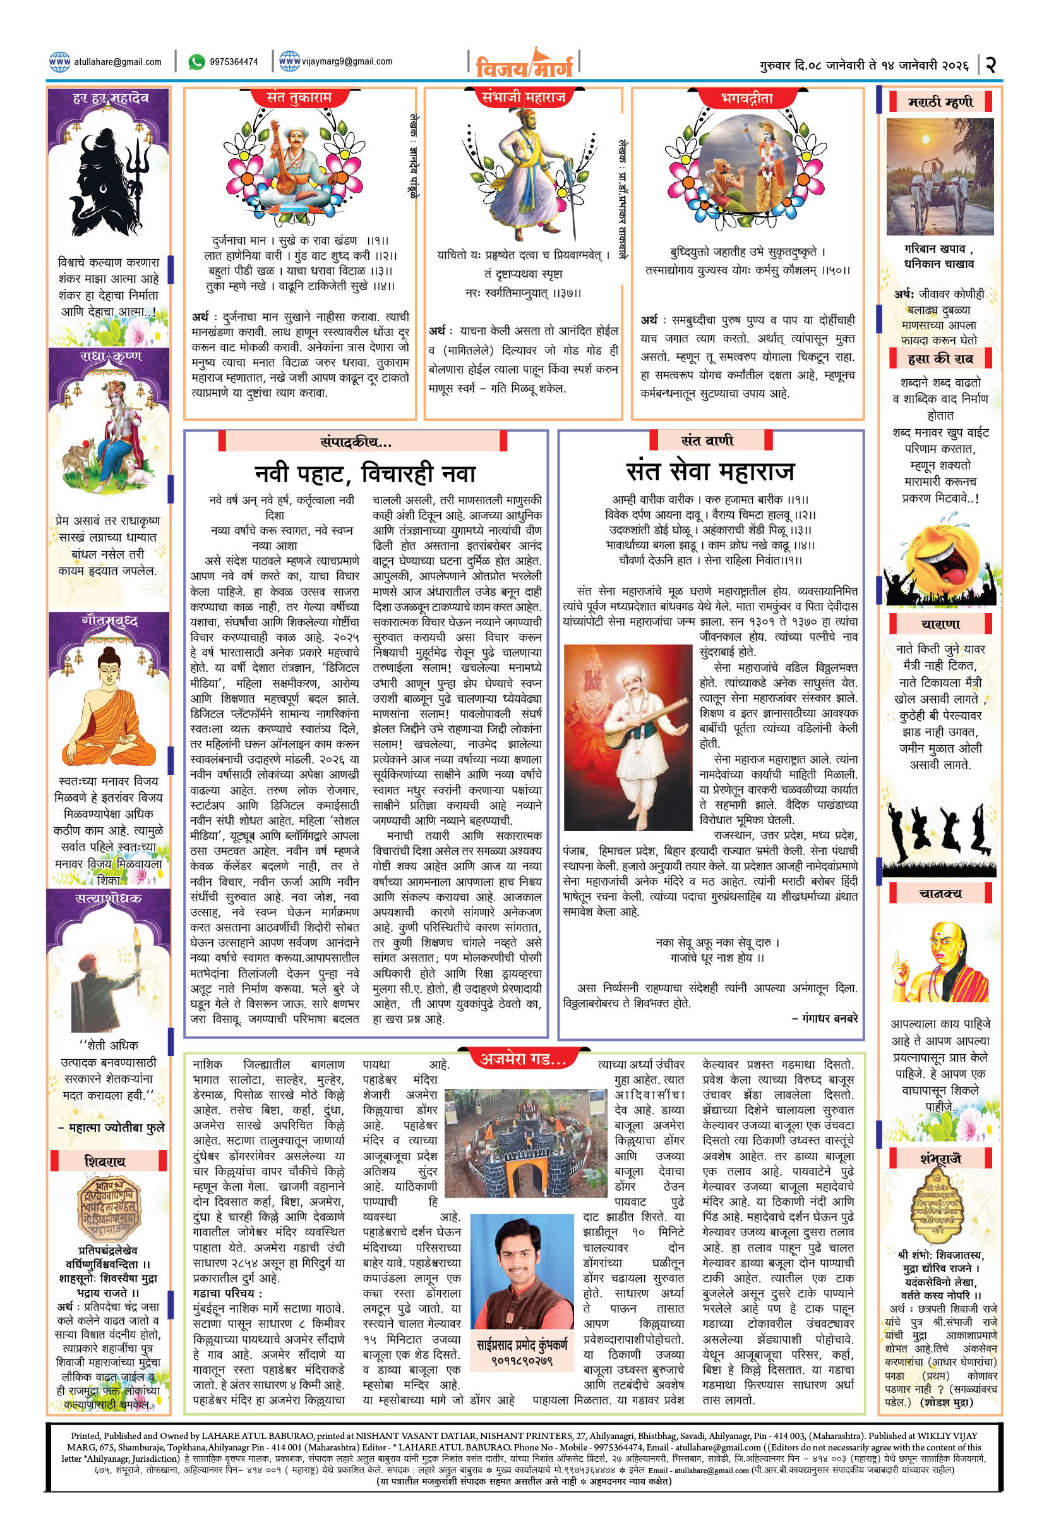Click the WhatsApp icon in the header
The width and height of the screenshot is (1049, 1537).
196,61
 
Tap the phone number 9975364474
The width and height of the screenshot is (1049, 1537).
234,62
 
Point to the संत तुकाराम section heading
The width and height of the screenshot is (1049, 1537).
299,98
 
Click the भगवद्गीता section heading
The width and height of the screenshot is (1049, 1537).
747,99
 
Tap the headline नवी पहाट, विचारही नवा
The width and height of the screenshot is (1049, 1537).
365,473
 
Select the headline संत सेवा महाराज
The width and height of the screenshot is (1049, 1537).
710,471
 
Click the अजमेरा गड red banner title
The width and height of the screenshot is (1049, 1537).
523,1059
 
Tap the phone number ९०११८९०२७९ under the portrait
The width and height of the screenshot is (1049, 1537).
522,1361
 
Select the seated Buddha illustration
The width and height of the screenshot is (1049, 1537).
109,708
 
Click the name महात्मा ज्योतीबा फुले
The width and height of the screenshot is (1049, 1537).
116,1127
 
